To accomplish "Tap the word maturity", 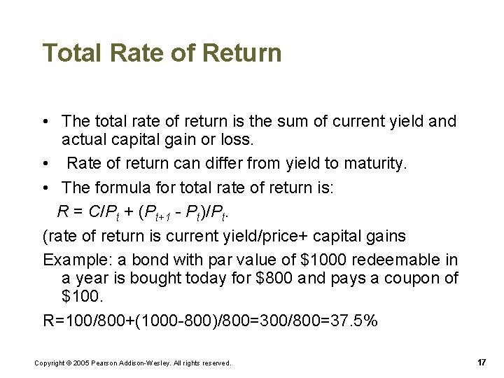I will point(371,164).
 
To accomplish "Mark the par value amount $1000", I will point(323,260).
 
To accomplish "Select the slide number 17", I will point(482,362).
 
